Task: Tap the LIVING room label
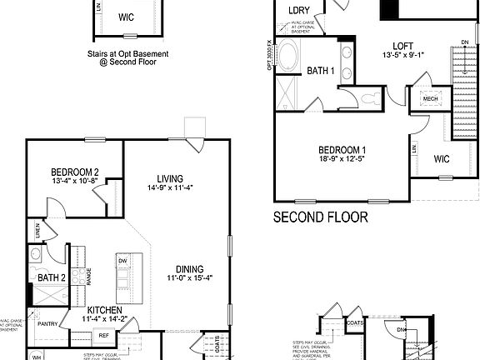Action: pyautogui.click(x=170, y=178)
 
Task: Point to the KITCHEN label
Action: pyautogui.click(x=105, y=308)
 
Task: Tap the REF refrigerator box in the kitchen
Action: pyautogui.click(x=104, y=335)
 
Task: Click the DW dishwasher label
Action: pyautogui.click(x=122, y=261)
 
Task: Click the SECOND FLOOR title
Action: pyautogui.click(x=321, y=218)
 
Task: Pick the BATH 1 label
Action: pyautogui.click(x=321, y=71)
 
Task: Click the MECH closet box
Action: pyautogui.click(x=430, y=99)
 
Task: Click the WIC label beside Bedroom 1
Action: pyautogui.click(x=442, y=159)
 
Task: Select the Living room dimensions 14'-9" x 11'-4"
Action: pyautogui.click(x=170, y=188)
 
